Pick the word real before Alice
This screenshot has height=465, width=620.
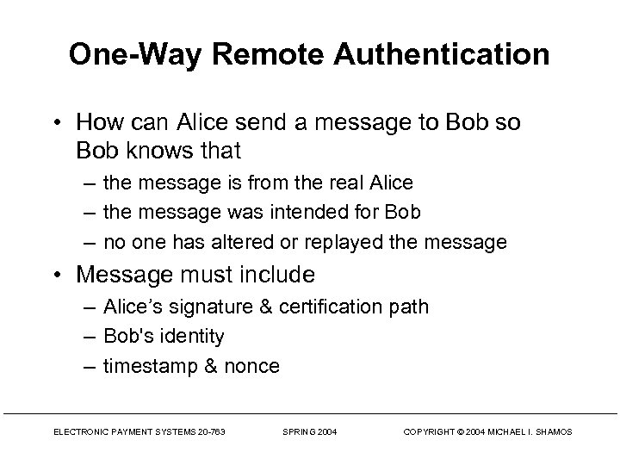click(342, 183)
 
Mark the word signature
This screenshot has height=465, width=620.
click(205, 307)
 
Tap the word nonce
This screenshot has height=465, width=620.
click(252, 366)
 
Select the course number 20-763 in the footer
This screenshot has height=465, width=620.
click(209, 431)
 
